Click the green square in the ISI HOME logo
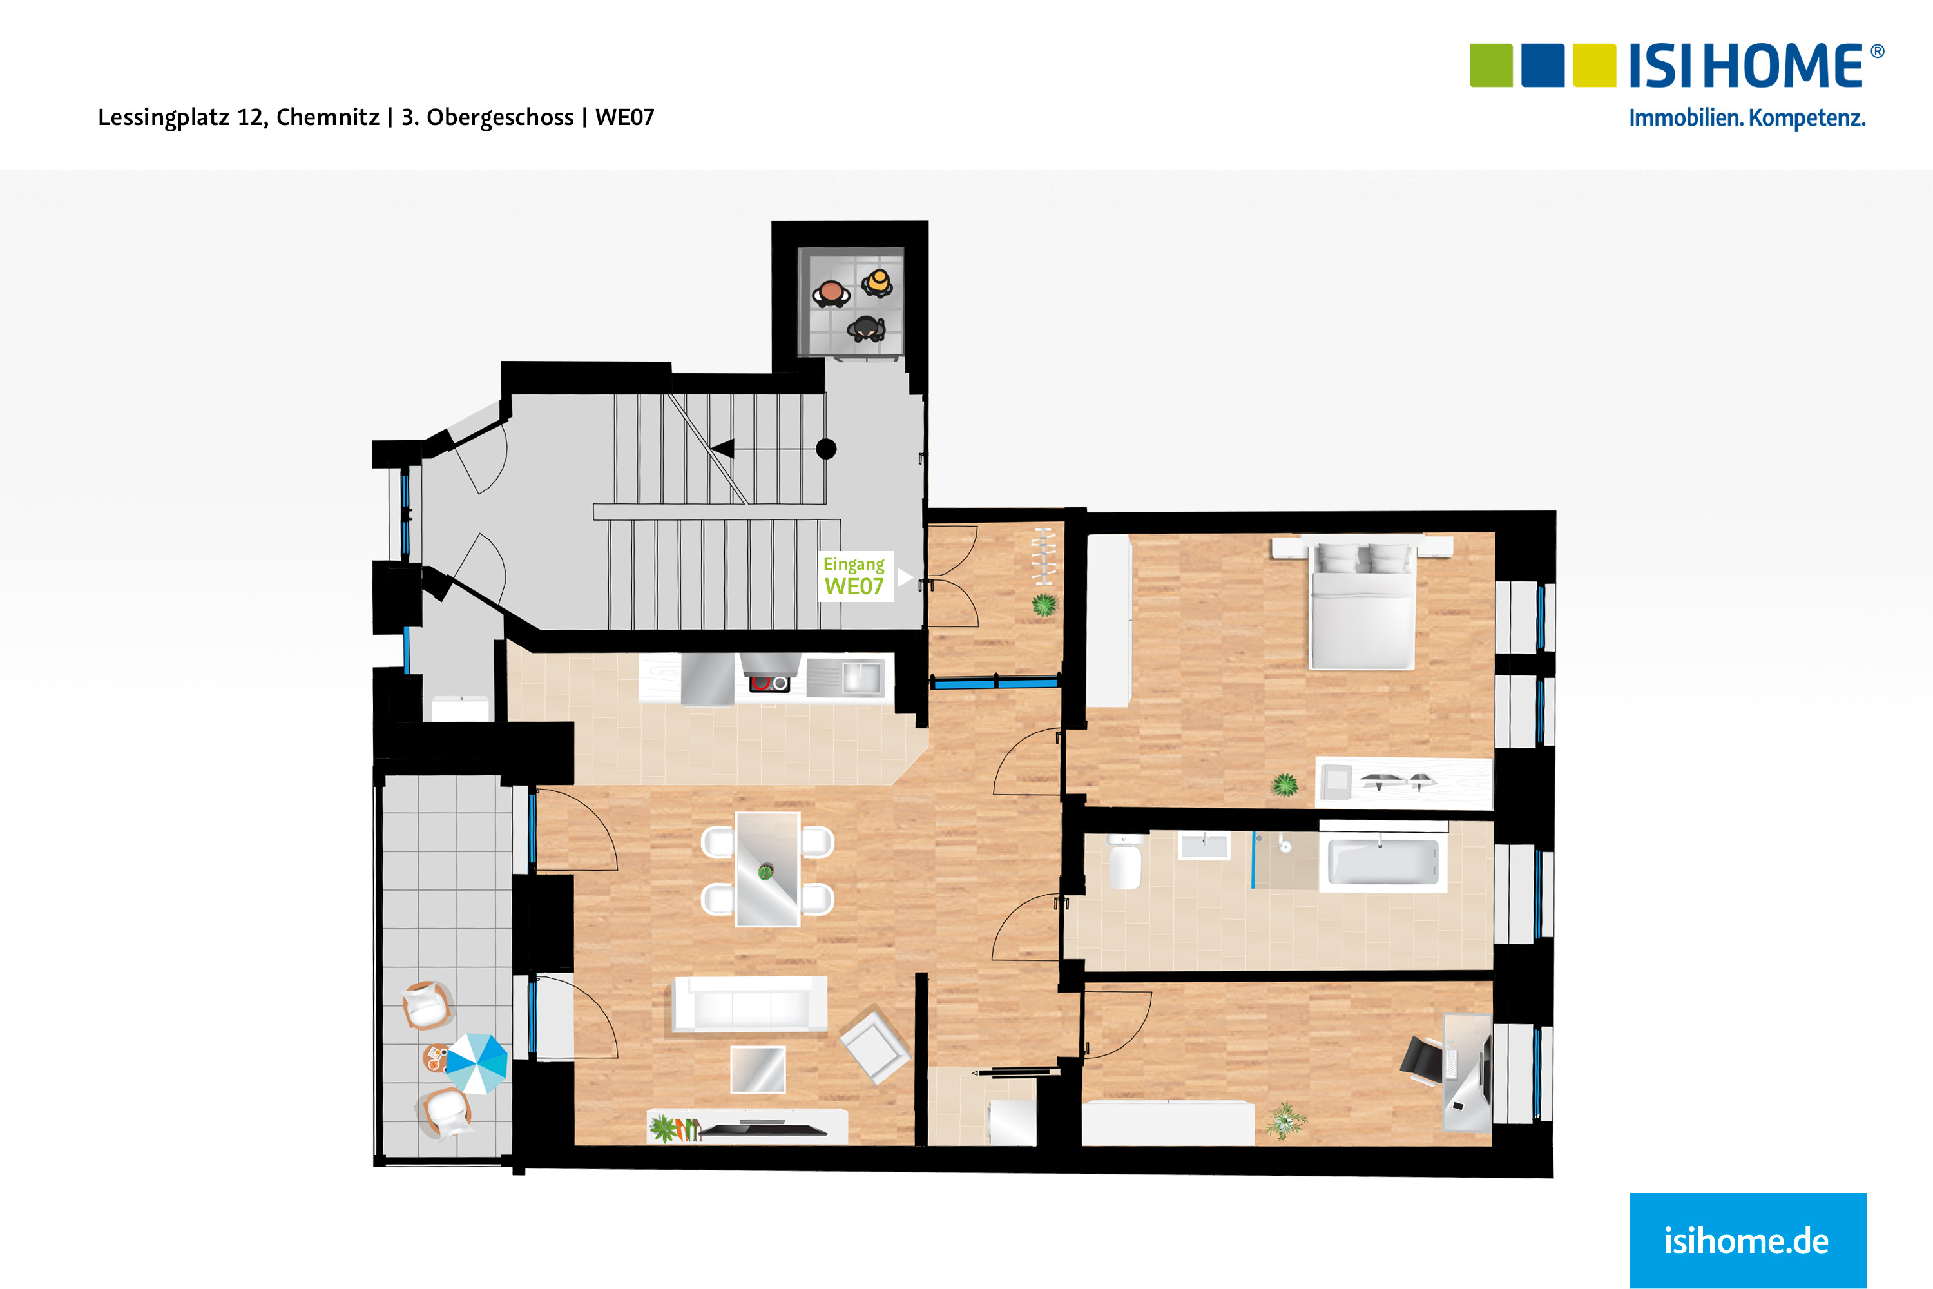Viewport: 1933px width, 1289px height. pos(1490,66)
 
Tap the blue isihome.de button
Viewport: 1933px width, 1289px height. pos(1747,1239)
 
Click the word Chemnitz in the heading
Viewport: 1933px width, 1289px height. pos(327,117)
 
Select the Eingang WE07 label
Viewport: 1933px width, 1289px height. pos(855,576)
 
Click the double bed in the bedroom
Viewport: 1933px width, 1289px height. pos(1362,608)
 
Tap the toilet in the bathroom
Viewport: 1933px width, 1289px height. pos(1124,866)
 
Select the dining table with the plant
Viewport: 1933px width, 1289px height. pos(767,869)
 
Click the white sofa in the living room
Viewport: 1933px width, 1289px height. pos(749,1003)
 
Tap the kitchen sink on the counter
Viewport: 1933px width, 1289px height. pos(859,678)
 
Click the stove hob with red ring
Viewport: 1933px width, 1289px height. pos(769,683)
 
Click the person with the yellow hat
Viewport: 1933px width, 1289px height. pos(878,282)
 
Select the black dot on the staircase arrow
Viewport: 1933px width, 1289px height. pos(826,449)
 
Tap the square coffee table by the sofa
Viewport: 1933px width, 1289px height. pos(758,1069)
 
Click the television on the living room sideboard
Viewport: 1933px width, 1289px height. pos(763,1130)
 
